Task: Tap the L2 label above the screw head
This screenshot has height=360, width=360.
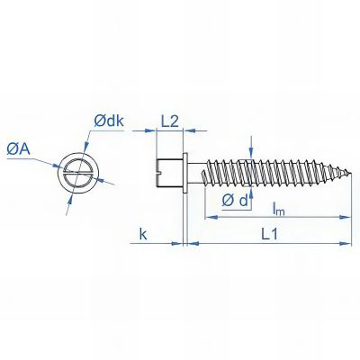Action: pyautogui.click(x=171, y=120)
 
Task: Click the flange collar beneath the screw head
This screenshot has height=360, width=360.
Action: pyautogui.click(x=184, y=167)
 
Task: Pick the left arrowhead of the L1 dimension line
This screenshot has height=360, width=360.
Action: pyautogui.click(x=189, y=242)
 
